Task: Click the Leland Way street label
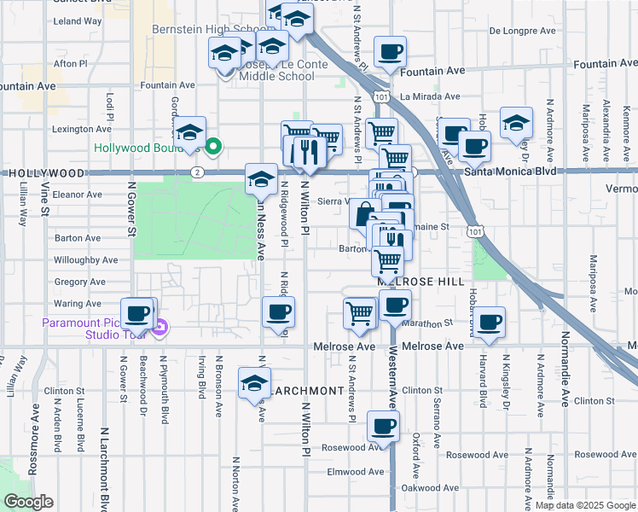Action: [78, 20]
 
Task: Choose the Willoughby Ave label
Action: [85, 259]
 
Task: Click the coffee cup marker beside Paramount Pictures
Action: [137, 313]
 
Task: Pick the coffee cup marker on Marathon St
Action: [490, 322]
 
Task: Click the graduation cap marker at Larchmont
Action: [254, 382]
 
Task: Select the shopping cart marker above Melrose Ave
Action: [359, 312]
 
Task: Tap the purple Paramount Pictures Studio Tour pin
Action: [160, 323]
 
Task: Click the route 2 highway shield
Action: [196, 172]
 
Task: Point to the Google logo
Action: [28, 502]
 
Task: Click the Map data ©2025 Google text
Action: [585, 505]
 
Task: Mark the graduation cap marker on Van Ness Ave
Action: [262, 178]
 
